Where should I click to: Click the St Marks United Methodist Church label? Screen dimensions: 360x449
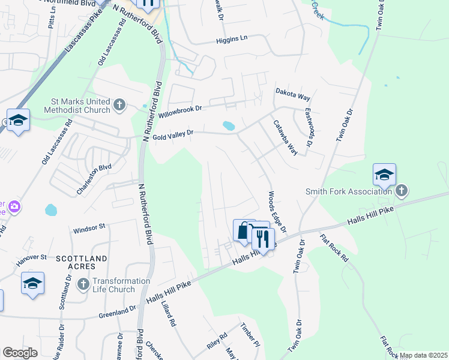pos(77,105)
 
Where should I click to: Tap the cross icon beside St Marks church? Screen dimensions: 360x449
pos(119,106)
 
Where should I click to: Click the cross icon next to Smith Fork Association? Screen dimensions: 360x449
pos(402,191)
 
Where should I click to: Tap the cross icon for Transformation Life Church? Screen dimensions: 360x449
pos(83,283)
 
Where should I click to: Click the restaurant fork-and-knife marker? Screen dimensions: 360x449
pos(262,239)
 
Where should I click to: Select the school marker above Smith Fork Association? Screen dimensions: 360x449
pos(384,175)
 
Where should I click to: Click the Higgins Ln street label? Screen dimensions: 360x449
pos(232,41)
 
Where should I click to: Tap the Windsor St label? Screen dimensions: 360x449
pos(89,228)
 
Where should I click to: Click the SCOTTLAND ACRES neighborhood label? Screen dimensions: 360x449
pos(81,262)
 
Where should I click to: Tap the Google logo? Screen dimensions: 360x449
pos(20,353)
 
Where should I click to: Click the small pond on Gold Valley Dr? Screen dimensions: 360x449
pos(228,126)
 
